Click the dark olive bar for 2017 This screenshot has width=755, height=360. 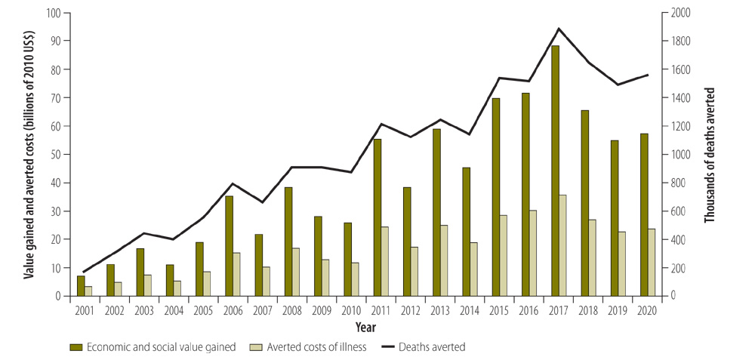pyautogui.click(x=555, y=171)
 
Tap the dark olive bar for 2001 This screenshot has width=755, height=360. pyautogui.click(x=81, y=286)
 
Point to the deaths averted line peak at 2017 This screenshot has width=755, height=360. pyautogui.click(x=559, y=29)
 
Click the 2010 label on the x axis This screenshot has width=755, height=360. pyautogui.click(x=351, y=309)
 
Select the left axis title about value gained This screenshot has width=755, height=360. pyautogui.click(x=27, y=154)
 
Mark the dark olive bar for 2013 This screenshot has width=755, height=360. pyautogui.click(x=436, y=212)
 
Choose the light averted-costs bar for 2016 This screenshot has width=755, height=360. pyautogui.click(x=533, y=253)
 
